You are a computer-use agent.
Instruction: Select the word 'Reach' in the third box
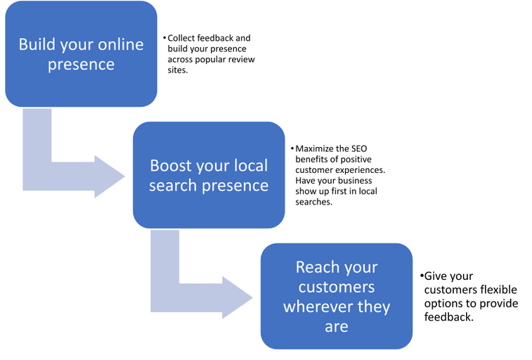point(317,267)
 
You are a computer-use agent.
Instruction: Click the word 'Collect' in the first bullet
point(181,38)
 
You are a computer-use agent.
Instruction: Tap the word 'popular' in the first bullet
point(221,60)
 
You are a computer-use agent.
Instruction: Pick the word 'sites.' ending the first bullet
point(178,71)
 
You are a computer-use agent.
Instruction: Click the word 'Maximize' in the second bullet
point(315,149)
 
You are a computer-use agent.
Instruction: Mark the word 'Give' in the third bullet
point(436,277)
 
